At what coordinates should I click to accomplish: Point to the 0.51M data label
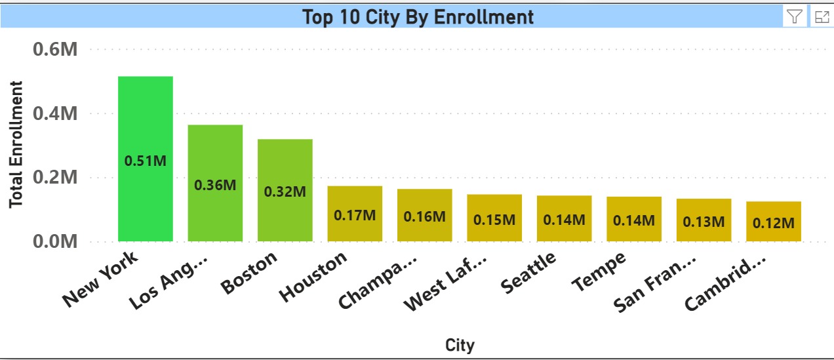[x=146, y=161]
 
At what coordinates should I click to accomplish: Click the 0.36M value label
[x=215, y=184]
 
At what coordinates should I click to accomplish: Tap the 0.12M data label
[x=774, y=223]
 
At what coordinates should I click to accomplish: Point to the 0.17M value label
[x=355, y=215]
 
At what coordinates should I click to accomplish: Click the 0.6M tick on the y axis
[x=55, y=49]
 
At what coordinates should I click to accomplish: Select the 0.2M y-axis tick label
[x=55, y=178]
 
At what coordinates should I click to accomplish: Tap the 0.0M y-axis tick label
[x=55, y=242]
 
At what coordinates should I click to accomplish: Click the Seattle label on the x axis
[x=528, y=273]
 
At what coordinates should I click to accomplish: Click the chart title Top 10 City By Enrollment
[x=418, y=17]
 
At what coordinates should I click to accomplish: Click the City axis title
[x=460, y=345]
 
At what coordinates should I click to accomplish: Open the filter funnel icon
[x=795, y=17]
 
